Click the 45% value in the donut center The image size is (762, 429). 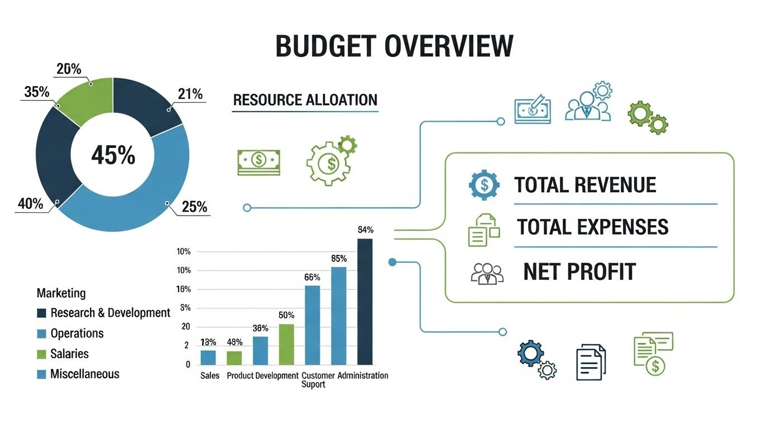113,155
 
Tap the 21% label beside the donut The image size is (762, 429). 190,94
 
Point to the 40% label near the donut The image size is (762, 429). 30,204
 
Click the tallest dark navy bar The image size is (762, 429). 365,302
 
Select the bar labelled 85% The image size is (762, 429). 339,316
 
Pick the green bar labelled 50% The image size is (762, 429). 286,344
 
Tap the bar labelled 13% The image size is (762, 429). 208,357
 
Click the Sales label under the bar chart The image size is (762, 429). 209,375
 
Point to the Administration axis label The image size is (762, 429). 363,375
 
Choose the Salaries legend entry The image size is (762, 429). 69,354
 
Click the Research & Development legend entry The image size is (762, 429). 110,313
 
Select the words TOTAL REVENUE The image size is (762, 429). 585,185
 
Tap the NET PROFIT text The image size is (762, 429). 579,271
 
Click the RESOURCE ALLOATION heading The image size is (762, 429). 305,101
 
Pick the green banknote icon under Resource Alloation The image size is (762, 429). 258,163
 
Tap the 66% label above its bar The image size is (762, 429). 312,277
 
